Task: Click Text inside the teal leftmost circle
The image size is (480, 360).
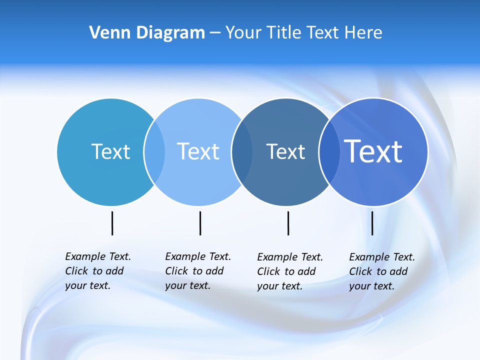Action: pyautogui.click(x=110, y=151)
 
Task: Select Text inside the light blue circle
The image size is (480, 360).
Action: pyautogui.click(x=198, y=151)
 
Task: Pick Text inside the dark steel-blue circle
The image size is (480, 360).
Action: pyautogui.click(x=285, y=151)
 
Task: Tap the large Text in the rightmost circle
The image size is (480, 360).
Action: pyautogui.click(x=373, y=151)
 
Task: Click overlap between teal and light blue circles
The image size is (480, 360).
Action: pyautogui.click(x=154, y=151)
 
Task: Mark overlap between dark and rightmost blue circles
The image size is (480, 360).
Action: pyautogui.click(x=328, y=151)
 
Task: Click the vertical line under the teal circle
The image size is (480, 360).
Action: pyautogui.click(x=112, y=223)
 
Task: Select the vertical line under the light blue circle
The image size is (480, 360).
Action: pyautogui.click(x=200, y=223)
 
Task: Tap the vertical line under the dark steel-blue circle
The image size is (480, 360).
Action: pyautogui.click(x=288, y=223)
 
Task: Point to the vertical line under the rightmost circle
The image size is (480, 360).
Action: pyautogui.click(x=372, y=223)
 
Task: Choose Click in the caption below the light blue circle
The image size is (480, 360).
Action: pyautogui.click(x=176, y=271)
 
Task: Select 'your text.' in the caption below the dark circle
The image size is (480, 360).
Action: pyautogui.click(x=279, y=286)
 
